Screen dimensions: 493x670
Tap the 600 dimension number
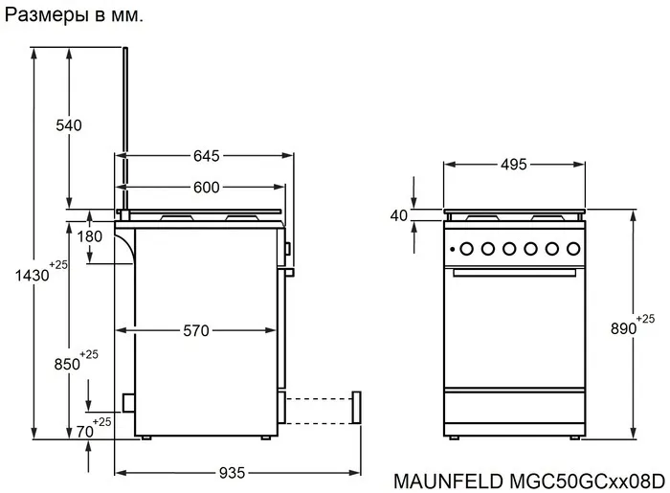(207, 188)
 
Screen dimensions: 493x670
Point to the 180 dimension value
(90, 236)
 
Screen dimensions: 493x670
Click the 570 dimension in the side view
(195, 331)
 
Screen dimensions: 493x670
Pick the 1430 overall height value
(32, 276)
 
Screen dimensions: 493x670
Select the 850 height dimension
(67, 365)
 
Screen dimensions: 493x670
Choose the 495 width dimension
(514, 165)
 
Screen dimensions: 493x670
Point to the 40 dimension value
(399, 215)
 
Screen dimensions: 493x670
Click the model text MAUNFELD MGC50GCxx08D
(529, 477)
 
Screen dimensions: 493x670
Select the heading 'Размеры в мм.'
(75, 16)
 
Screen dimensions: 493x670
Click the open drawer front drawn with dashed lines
(357, 406)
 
